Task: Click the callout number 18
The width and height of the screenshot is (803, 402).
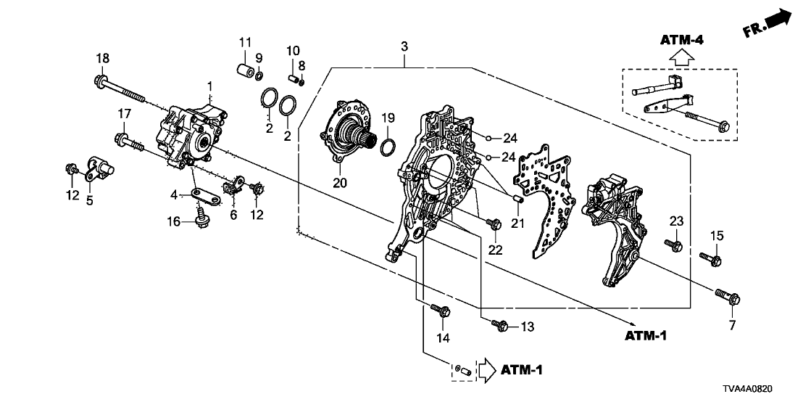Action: point(103,58)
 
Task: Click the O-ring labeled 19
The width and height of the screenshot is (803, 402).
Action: point(388,146)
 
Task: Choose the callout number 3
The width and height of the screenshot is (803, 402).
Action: point(404,46)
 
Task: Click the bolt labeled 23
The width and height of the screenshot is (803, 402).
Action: point(674,245)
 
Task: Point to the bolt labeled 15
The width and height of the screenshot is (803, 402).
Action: point(710,256)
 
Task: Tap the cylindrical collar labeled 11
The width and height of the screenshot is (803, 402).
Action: point(244,71)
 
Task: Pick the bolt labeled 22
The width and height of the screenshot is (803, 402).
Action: point(494,224)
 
